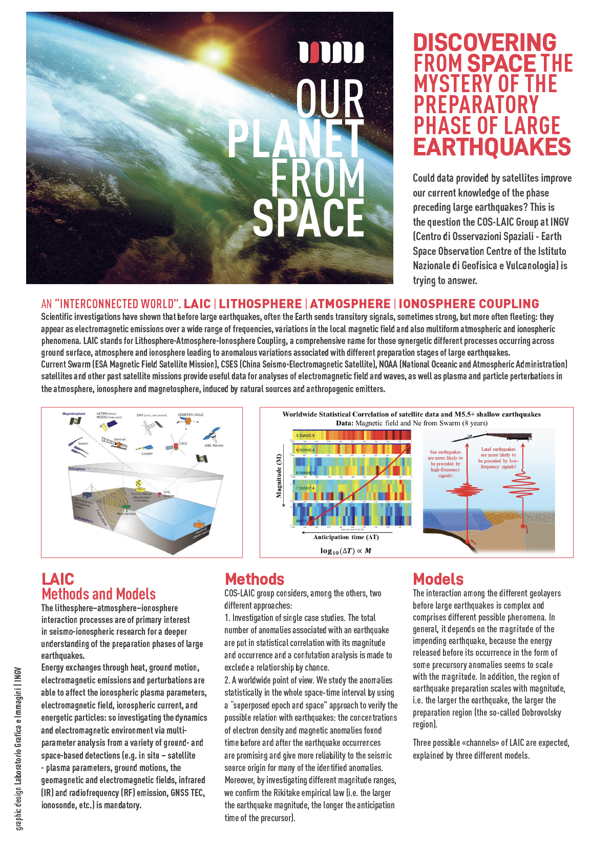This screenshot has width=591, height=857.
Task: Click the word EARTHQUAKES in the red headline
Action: click(492, 147)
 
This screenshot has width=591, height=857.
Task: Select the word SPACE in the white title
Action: click(308, 218)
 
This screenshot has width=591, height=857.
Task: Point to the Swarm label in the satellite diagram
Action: click(83, 443)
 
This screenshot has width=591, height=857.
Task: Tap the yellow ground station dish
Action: click(138, 484)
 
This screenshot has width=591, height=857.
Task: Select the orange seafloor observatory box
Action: click(198, 525)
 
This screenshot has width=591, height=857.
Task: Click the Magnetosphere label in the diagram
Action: click(74, 414)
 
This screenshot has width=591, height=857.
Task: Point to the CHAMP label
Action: click(147, 454)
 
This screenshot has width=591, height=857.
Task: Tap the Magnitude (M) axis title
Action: click(279, 475)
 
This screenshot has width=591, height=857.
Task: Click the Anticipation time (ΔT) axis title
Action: click(346, 537)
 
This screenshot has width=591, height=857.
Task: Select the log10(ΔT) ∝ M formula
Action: click(346, 551)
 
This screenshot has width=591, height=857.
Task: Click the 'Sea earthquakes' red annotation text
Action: click(445, 463)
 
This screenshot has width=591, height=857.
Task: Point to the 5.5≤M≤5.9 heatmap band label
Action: click(305, 436)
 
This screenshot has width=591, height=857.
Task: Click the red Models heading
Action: click(438, 579)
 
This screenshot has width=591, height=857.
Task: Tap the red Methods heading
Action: click(255, 579)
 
